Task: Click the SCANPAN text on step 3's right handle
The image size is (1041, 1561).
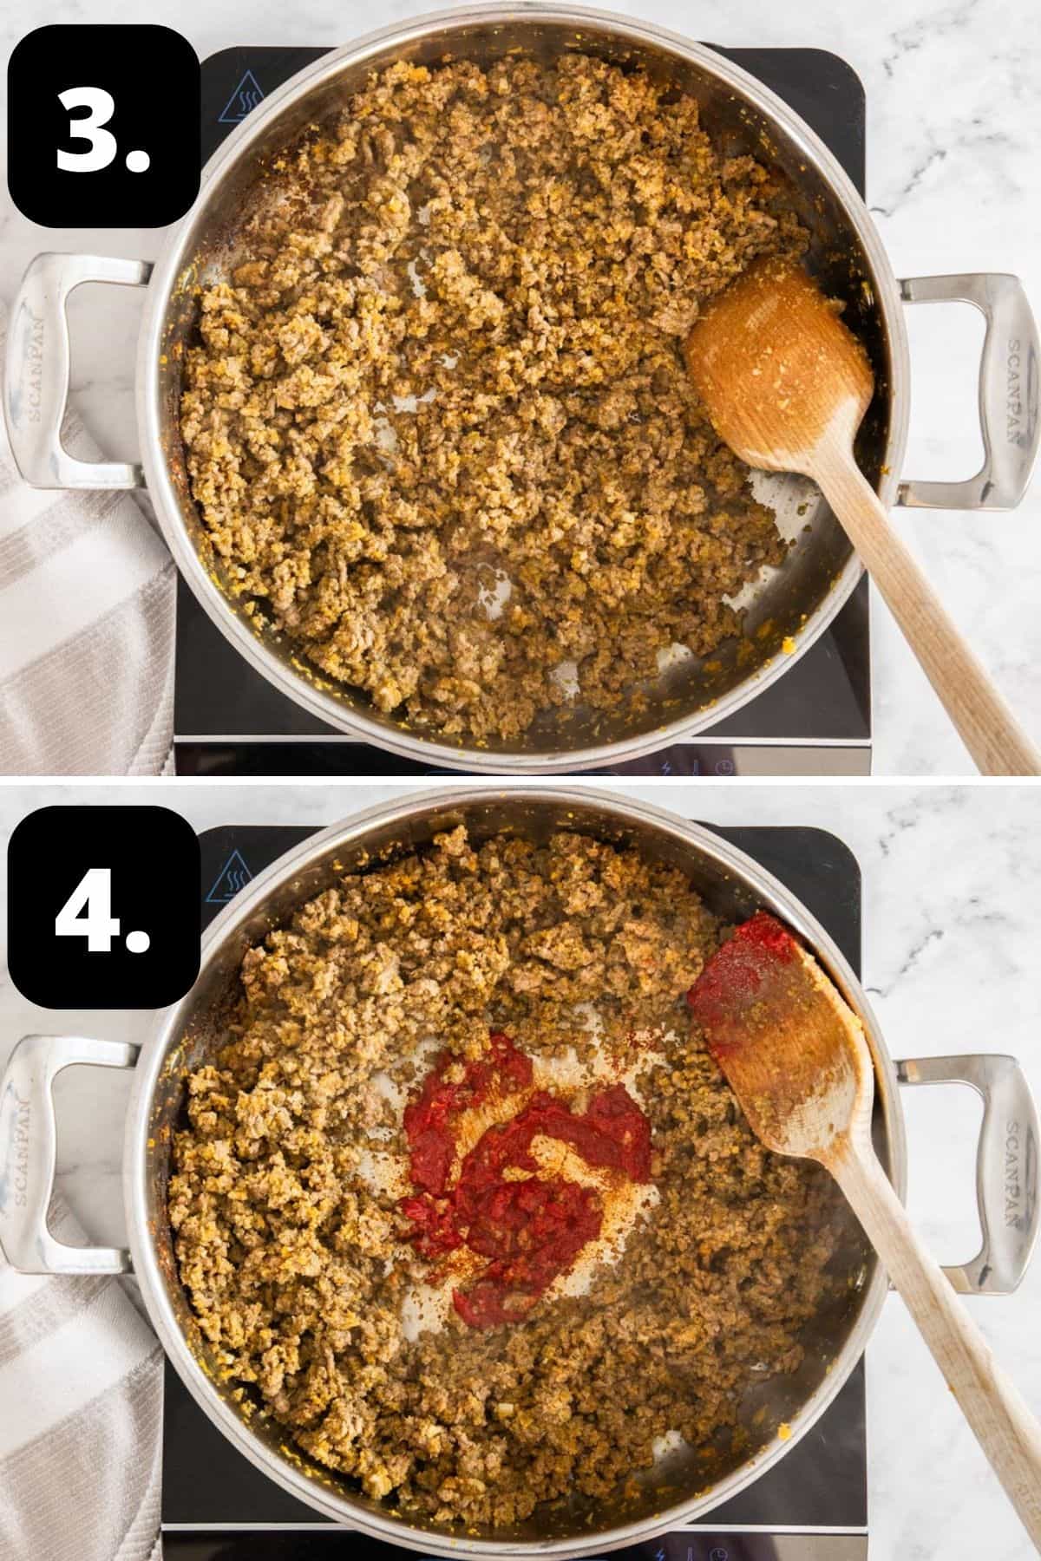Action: tap(1012, 390)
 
